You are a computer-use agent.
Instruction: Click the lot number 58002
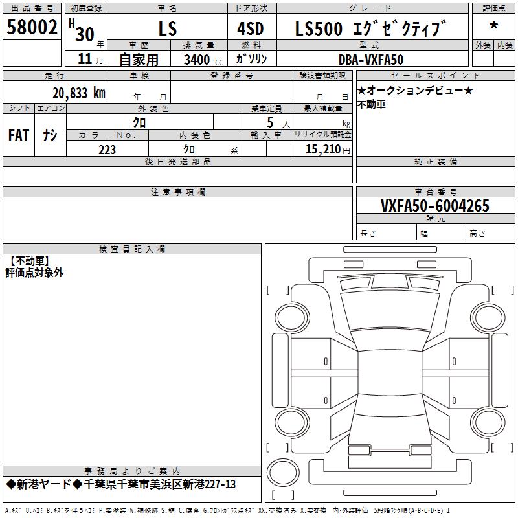coord(32,27)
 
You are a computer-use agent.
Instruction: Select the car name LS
coord(168,28)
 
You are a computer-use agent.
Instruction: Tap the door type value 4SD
coord(251,28)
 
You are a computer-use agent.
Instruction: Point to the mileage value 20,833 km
coord(79,93)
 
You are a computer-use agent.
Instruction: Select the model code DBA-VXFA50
coord(371,60)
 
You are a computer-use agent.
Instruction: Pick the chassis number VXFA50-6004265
coord(434,206)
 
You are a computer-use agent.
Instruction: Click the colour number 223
coord(107,150)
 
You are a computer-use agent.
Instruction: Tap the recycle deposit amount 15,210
coord(323,150)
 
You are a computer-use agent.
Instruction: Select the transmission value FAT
coord(19,135)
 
